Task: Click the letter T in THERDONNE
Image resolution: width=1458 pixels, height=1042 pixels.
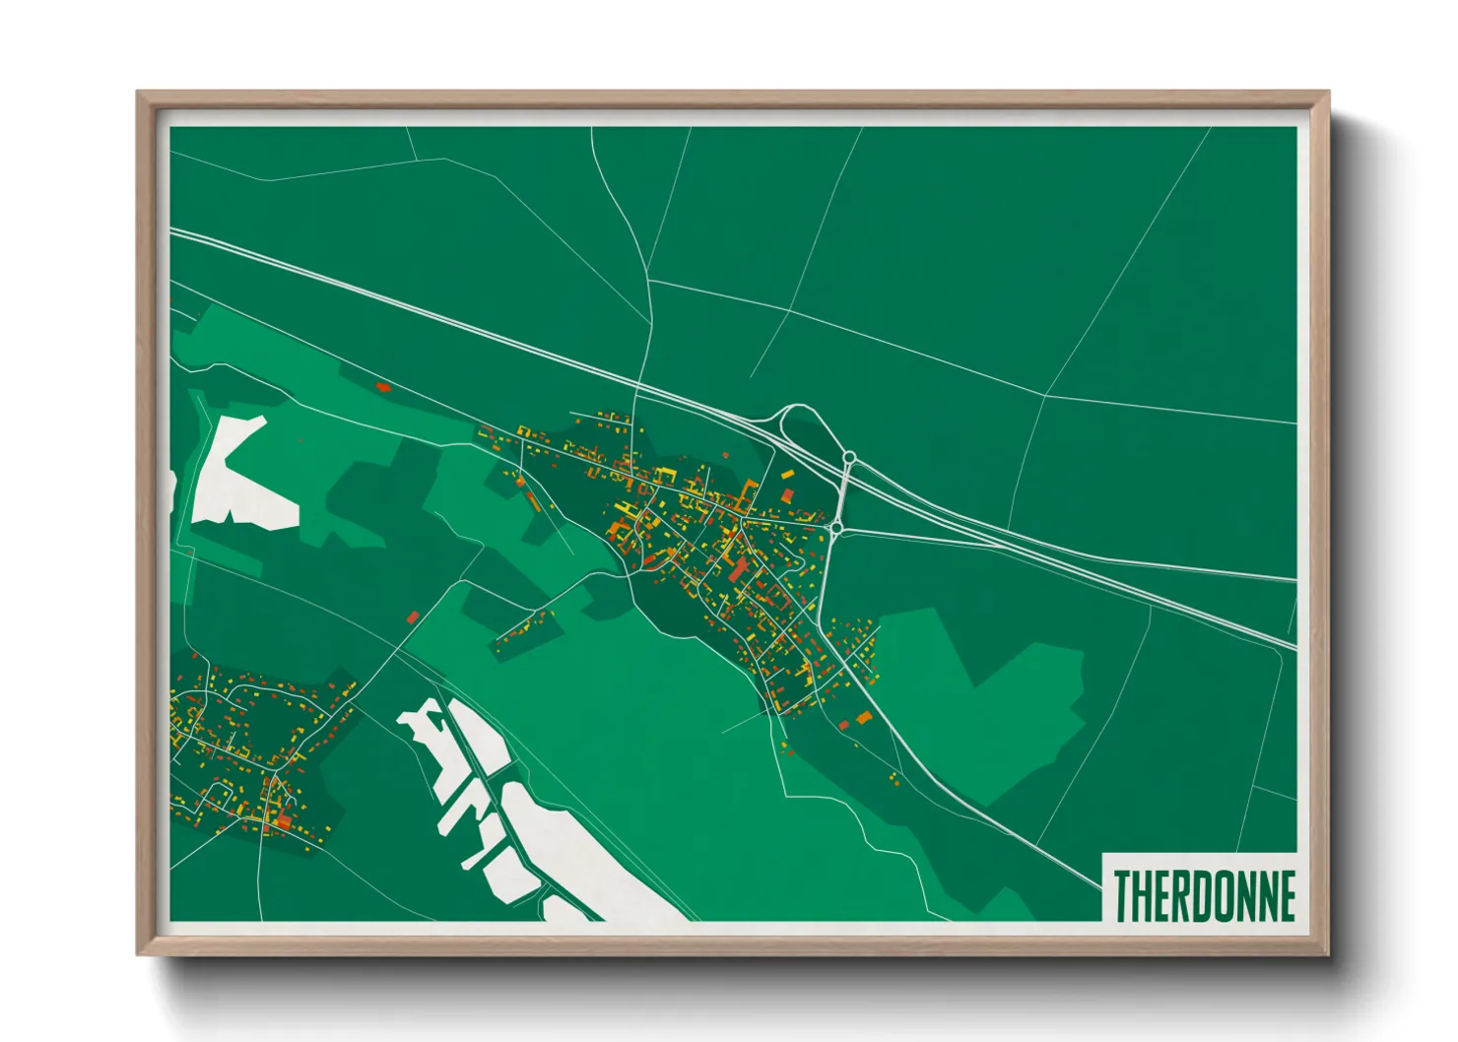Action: point(1122,896)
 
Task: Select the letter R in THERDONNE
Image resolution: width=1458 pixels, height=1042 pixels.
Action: point(1167,896)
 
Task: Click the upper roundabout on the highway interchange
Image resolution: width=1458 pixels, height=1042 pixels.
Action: point(849,458)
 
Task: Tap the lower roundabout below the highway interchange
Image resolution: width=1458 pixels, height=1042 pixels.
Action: point(835,529)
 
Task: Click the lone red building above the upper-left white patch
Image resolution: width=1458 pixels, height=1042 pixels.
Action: point(383,387)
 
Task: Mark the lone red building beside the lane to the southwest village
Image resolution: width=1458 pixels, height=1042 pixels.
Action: point(413,618)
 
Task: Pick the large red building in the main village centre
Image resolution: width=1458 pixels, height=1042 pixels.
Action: point(738,569)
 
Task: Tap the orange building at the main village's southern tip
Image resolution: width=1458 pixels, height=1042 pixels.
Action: point(864,718)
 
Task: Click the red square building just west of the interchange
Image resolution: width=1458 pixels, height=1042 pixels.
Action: point(787,494)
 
